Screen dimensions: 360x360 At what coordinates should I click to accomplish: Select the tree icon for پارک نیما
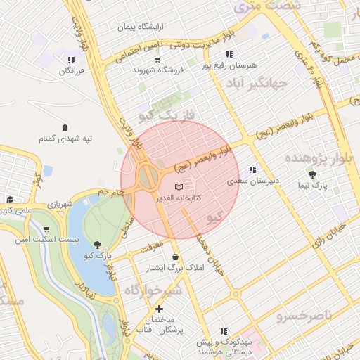312,174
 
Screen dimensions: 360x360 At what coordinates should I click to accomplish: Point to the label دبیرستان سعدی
252,181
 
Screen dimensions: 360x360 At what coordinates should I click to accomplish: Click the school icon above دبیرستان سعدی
252,169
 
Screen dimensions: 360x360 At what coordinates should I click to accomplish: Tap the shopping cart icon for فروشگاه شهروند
137,70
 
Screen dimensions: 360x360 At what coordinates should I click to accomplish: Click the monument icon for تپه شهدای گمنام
65,127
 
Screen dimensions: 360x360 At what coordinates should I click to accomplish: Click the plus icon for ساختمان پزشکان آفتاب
160,309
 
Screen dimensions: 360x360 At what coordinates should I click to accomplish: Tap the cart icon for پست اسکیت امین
46,229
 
